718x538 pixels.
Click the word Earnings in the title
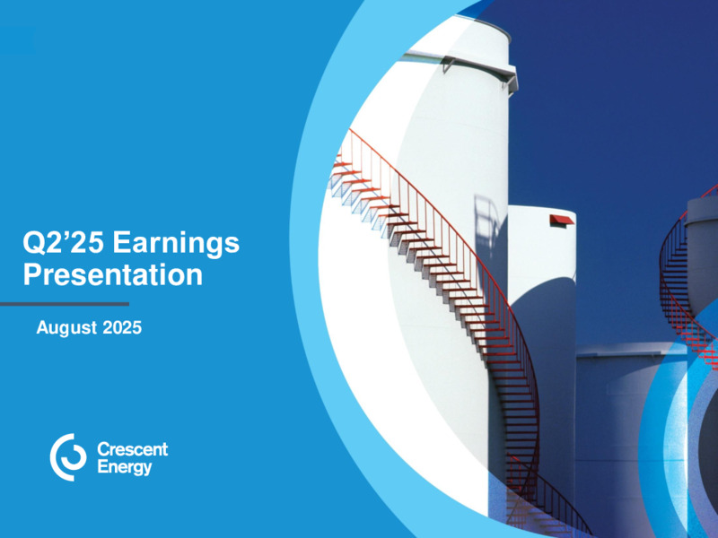[176, 244]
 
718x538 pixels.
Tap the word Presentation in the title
[113, 274]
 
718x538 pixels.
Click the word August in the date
[66, 328]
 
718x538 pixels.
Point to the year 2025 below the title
[122, 327]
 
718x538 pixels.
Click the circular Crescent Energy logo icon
[68, 457]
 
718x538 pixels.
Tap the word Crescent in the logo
[133, 449]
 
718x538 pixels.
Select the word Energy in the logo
[125, 468]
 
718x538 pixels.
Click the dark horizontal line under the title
[64, 304]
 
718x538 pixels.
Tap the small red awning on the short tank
[562, 220]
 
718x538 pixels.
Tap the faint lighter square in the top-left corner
[17, 40]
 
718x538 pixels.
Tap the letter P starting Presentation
[32, 274]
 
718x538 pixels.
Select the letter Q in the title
[34, 243]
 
